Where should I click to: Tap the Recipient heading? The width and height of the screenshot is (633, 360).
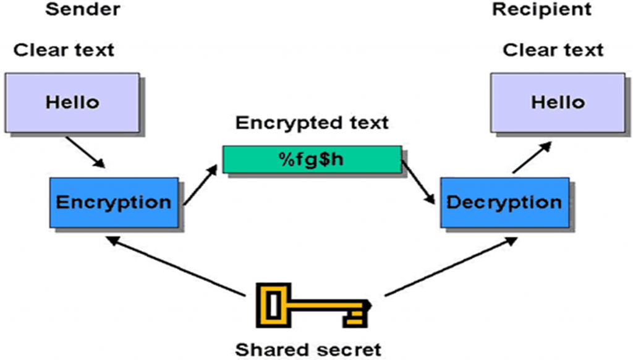click(541, 9)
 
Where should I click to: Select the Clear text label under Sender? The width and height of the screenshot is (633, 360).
click(64, 50)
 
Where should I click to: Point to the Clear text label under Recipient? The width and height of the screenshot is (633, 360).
click(553, 50)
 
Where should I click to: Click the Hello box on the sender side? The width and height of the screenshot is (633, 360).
click(72, 102)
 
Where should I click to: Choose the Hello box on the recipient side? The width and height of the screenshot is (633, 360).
click(558, 102)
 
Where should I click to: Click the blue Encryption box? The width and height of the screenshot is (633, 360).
click(114, 202)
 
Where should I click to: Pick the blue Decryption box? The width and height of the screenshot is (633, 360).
click(504, 202)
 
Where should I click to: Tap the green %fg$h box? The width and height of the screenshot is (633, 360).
click(312, 159)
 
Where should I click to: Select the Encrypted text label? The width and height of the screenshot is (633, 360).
click(312, 122)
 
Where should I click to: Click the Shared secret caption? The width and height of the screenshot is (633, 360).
click(308, 349)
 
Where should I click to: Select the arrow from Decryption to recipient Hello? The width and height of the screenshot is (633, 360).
click(532, 156)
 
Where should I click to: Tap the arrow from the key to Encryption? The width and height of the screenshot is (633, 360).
click(179, 266)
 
